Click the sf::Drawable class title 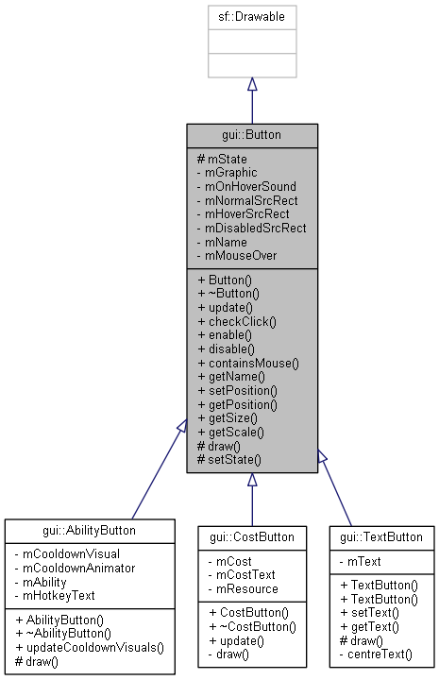click(x=252, y=17)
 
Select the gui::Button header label click(x=252, y=134)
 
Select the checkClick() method click(x=236, y=322)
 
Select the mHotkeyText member click(x=61, y=595)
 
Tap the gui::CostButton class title click(x=252, y=537)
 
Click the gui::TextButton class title click(x=381, y=537)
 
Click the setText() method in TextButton click(x=369, y=613)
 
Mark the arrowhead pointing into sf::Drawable click(x=252, y=85)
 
